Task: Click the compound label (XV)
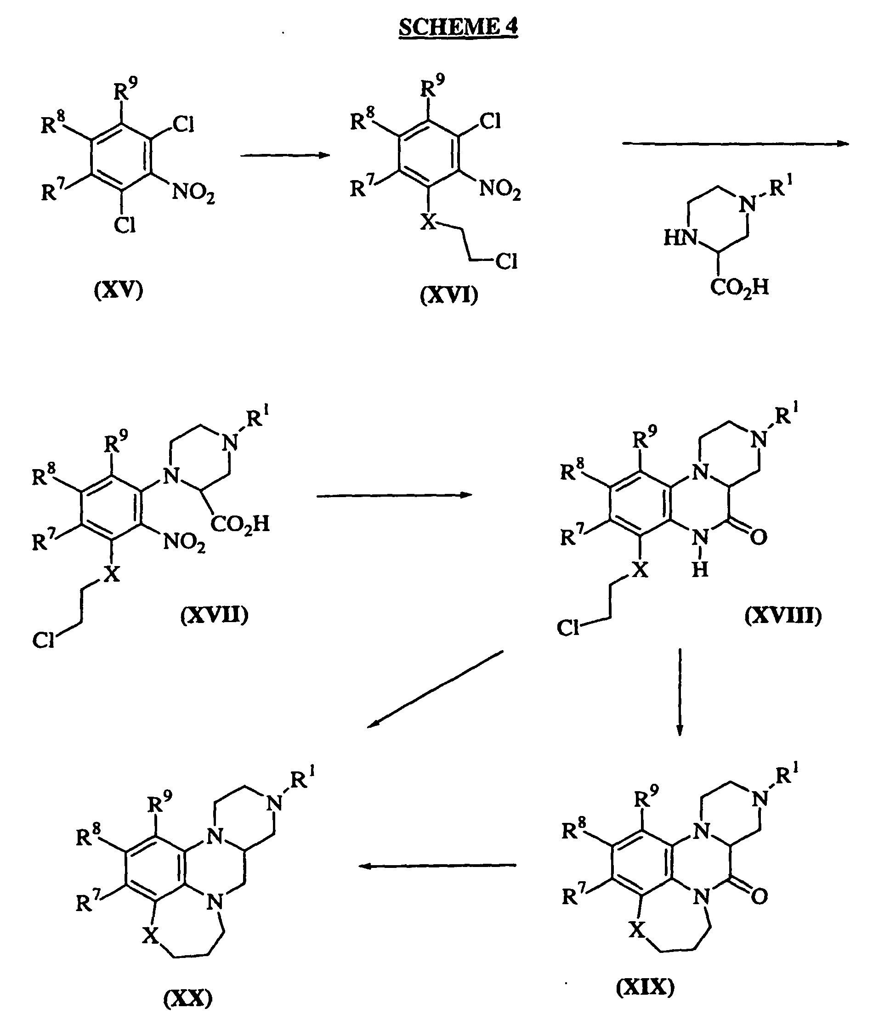click(119, 289)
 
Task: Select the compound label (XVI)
click(449, 295)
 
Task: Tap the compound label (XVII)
click(215, 615)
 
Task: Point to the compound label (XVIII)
click(783, 616)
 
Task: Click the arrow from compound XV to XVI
click(285, 155)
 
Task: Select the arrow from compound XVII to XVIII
click(395, 495)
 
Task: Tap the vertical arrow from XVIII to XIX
click(680, 692)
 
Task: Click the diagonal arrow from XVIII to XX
click(435, 690)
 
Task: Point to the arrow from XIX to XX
click(437, 866)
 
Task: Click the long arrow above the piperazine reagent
click(736, 143)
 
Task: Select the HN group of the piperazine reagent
click(680, 238)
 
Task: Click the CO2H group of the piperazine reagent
click(740, 288)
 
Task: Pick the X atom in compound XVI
click(428, 221)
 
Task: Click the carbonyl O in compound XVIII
click(758, 537)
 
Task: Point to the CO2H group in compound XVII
click(240, 524)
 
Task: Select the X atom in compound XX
click(150, 936)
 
